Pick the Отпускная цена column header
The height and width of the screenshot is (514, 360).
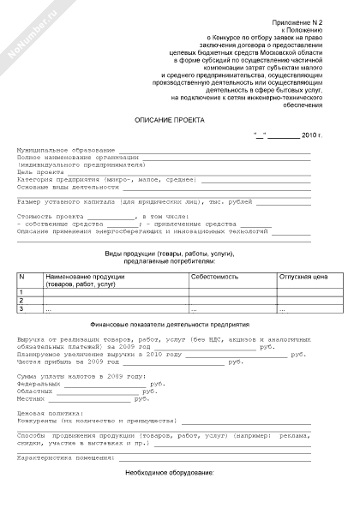(304, 278)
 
